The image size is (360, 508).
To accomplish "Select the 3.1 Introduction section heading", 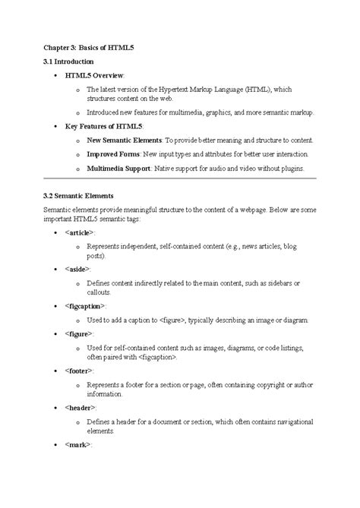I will (x=68, y=62).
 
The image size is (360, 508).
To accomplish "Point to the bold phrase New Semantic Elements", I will (x=125, y=140).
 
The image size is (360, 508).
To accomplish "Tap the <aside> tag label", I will (x=77, y=269).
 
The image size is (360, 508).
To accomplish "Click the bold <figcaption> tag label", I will (x=85, y=306).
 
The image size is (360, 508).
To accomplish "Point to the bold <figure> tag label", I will (x=79, y=333).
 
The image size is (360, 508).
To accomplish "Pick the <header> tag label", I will (x=80, y=408).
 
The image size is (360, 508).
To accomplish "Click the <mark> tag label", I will (x=77, y=444).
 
